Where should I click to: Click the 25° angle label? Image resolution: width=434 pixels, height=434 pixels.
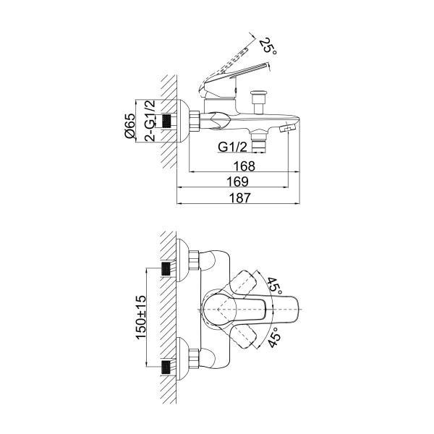(x=268, y=46)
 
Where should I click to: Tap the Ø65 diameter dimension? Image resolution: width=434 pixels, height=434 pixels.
(x=129, y=125)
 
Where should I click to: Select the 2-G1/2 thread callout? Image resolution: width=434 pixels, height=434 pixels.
(x=150, y=121)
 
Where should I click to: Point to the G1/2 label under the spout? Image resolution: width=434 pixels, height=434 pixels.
(x=232, y=147)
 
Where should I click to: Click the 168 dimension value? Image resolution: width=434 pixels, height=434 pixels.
(x=244, y=166)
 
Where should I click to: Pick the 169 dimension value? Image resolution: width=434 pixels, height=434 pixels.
(x=237, y=182)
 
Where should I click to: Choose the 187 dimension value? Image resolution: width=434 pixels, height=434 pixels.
(x=240, y=197)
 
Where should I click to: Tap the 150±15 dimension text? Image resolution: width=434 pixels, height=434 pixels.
(x=140, y=318)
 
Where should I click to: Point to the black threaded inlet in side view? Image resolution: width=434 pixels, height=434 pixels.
(x=166, y=121)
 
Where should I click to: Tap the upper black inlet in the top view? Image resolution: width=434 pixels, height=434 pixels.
(x=166, y=269)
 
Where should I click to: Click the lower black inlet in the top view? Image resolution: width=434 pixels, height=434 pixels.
(x=166, y=367)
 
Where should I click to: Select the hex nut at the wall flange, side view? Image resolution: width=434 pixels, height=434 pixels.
(x=194, y=121)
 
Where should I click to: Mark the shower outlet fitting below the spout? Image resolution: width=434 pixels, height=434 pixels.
(x=258, y=141)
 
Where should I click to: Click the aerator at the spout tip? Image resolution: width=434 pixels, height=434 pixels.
(x=288, y=129)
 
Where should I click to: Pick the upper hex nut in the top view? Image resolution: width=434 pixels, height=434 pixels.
(x=194, y=260)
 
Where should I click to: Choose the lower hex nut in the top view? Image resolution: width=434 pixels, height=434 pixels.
(x=194, y=359)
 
